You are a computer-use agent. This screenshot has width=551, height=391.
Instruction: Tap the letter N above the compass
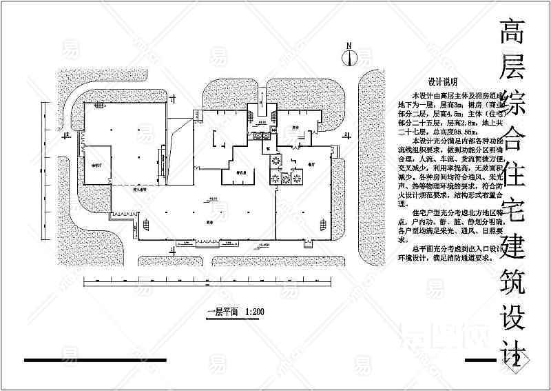point(350,46)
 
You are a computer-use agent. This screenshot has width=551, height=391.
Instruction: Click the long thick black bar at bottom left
point(95,360)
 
